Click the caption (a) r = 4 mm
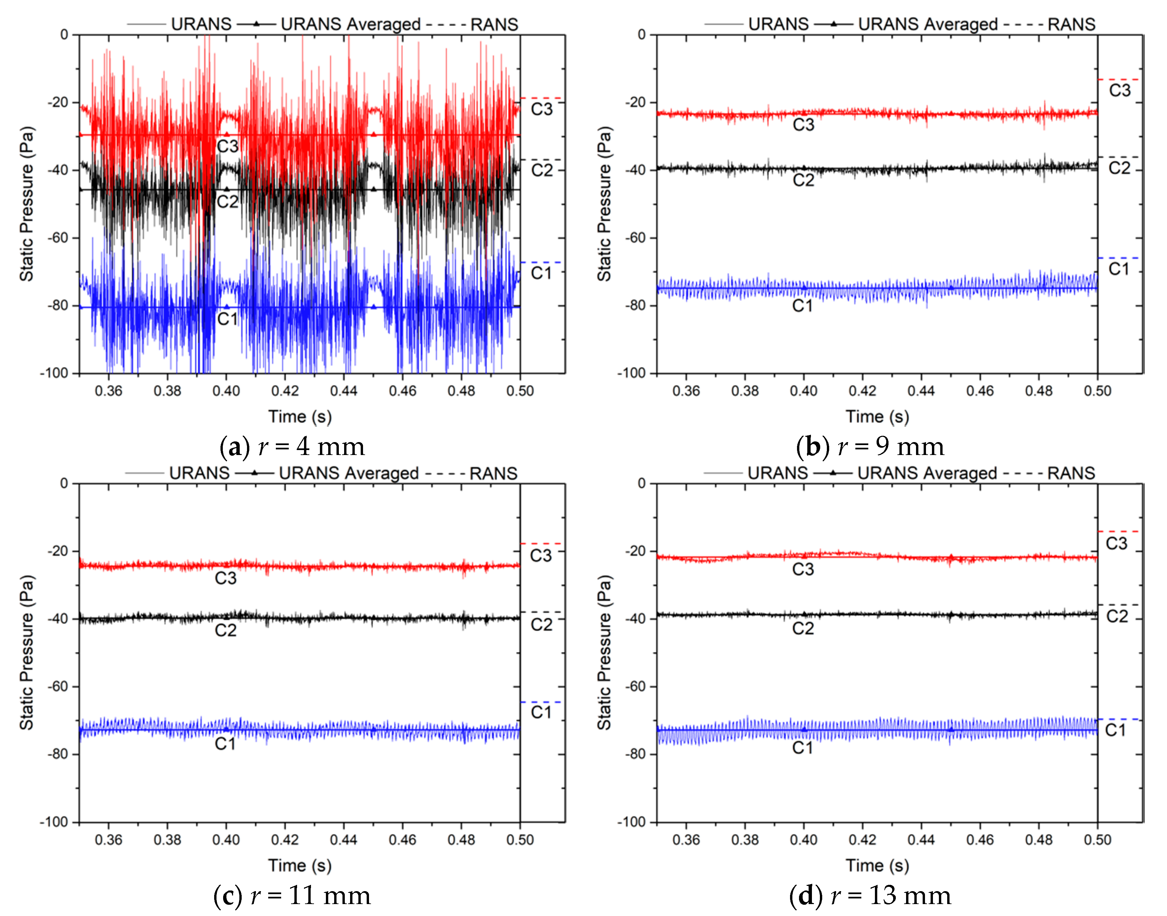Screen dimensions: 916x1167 [x=292, y=447]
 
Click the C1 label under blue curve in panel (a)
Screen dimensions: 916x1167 [x=227, y=319]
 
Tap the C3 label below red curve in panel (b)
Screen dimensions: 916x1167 [x=803, y=125]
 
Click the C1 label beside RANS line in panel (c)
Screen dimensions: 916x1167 [x=541, y=712]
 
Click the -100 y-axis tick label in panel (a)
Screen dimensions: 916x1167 [x=55, y=373]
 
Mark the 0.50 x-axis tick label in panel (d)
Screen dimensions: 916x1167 [x=1097, y=839]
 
